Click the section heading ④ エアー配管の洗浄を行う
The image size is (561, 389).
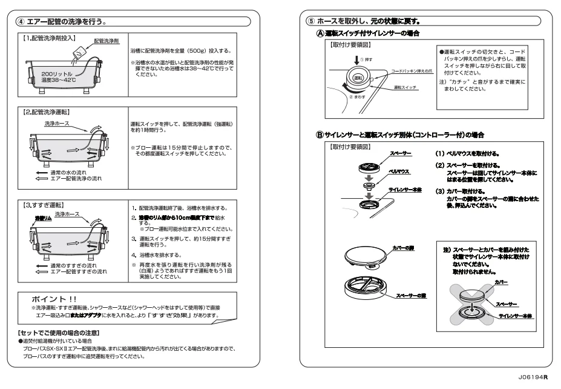63,22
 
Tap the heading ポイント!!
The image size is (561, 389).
55,299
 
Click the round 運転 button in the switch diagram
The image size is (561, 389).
358,79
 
